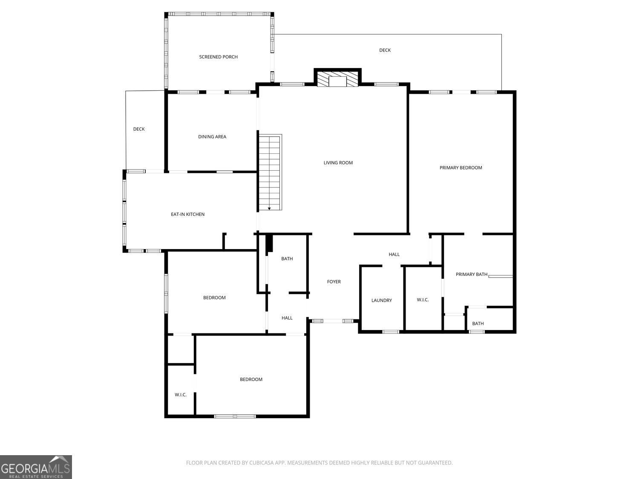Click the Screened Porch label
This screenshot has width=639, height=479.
(219, 57)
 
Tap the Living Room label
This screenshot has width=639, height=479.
(338, 163)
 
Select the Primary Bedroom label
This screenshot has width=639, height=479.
(461, 167)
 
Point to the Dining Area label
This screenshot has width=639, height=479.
(212, 137)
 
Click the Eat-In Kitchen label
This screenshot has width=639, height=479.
(187, 214)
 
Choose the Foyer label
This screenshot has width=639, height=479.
(334, 281)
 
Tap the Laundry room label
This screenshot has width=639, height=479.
(381, 300)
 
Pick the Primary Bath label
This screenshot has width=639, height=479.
(471, 274)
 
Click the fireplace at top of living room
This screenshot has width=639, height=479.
(337, 77)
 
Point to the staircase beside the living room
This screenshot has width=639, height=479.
(270, 172)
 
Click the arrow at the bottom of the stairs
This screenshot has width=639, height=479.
(269, 209)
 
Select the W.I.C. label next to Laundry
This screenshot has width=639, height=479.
(423, 300)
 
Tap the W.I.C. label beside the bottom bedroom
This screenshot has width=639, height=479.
(181, 395)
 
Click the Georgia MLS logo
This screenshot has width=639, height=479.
(36, 467)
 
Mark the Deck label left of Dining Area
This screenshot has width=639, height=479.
(139, 129)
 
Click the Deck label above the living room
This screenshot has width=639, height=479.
(385, 50)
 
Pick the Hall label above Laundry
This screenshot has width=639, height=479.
(394, 254)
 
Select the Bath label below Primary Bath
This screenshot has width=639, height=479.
(478, 324)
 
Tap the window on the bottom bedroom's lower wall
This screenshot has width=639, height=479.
(235, 416)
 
